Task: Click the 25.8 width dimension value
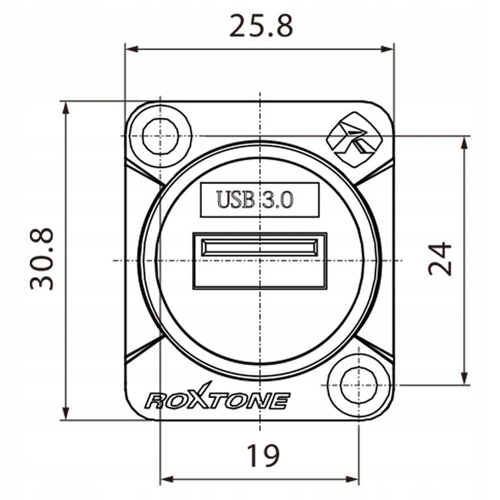[x=261, y=25]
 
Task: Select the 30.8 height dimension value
[x=43, y=258]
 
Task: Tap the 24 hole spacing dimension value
[x=441, y=258]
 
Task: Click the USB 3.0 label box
[x=259, y=200]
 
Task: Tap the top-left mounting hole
[x=158, y=136]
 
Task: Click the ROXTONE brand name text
[x=217, y=400]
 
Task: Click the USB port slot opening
[x=259, y=248]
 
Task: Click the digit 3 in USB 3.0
[x=267, y=200]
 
